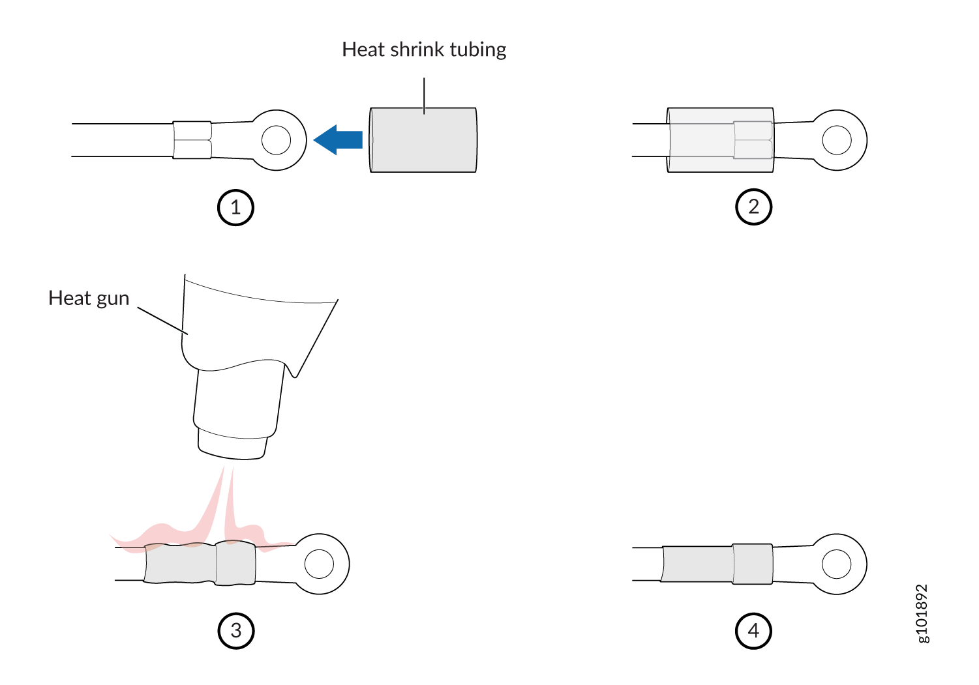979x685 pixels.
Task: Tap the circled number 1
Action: click(x=235, y=207)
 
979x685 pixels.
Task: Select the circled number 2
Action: click(x=753, y=207)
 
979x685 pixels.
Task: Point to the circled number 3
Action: click(x=235, y=631)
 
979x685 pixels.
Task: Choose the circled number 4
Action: click(x=753, y=631)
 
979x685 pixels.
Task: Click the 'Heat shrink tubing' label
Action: click(x=424, y=50)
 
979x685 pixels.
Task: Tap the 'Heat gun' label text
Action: click(x=89, y=299)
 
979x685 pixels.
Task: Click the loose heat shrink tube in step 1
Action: click(x=423, y=140)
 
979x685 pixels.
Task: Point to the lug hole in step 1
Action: click(x=276, y=140)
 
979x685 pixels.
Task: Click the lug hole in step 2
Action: click(x=837, y=140)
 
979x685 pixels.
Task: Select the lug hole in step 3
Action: click(x=319, y=564)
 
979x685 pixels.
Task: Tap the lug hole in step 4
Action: click(x=837, y=564)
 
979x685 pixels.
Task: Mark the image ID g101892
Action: click(x=922, y=613)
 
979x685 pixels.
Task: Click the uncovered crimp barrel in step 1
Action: click(x=192, y=140)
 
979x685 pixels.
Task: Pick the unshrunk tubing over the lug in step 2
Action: click(x=720, y=140)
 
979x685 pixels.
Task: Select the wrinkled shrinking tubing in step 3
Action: click(x=199, y=563)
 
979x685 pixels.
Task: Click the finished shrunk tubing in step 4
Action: click(x=717, y=564)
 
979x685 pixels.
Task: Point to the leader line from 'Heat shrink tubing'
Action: click(x=424, y=95)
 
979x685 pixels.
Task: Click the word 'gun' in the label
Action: click(x=113, y=299)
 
